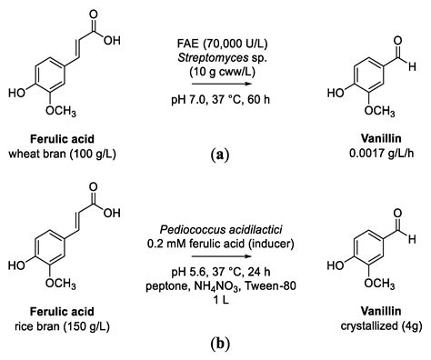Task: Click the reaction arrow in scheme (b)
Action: pos(222,256)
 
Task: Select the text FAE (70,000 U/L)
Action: pos(223,45)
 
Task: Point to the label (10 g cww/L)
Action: pos(222,72)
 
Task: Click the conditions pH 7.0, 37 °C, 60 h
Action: pos(221,99)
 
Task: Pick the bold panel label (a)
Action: pos(220,154)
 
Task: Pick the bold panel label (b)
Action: pos(220,344)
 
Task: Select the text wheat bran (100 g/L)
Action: pos(62,154)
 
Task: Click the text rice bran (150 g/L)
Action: pos(62,326)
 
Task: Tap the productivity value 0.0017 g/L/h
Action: pos(382,154)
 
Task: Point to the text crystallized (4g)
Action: pos(381,325)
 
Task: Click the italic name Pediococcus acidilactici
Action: pos(221,230)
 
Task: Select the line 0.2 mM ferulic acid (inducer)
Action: pos(221,244)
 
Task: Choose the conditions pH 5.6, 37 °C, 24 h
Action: pos(221,272)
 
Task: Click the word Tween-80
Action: pos(270,285)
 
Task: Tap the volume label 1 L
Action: pos(221,300)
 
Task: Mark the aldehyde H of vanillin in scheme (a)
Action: pos(412,66)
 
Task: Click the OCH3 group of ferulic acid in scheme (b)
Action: pos(61,284)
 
